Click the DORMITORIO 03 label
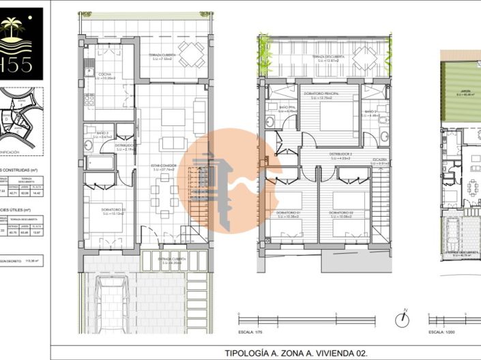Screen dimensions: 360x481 114,209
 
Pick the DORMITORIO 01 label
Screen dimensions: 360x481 289,213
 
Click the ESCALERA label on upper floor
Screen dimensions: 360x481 380,160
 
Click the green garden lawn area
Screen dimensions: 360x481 464,89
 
